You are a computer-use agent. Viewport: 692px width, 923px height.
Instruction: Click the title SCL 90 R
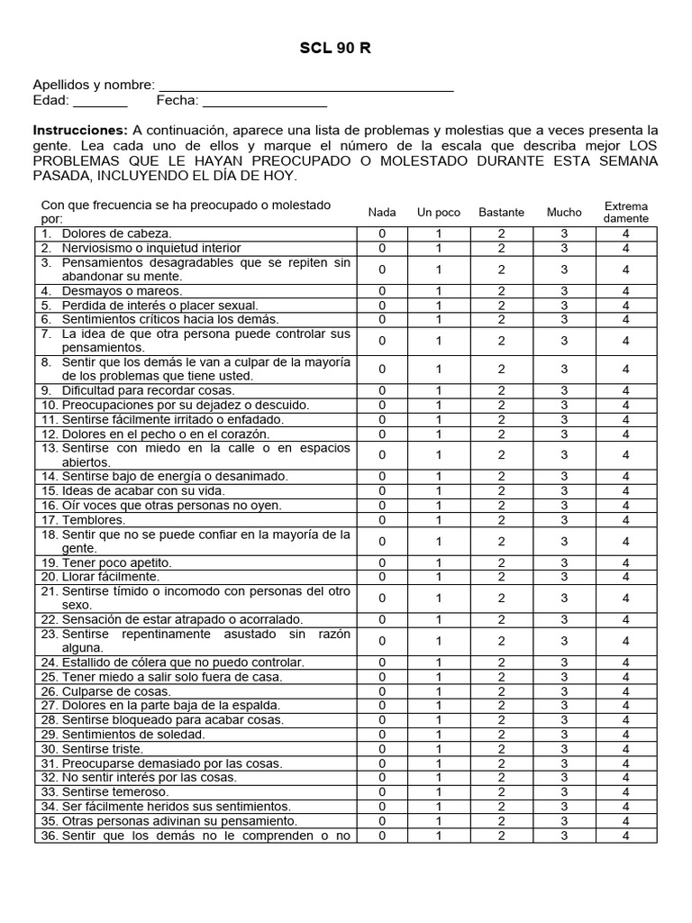click(x=335, y=49)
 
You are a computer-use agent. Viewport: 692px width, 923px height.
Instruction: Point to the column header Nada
click(x=382, y=213)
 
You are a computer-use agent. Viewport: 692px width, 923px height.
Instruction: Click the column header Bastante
click(x=502, y=213)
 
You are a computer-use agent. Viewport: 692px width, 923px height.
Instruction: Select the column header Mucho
click(x=564, y=213)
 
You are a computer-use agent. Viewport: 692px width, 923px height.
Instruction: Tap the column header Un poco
click(x=439, y=213)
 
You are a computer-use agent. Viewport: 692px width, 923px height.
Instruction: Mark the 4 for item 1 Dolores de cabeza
click(x=625, y=233)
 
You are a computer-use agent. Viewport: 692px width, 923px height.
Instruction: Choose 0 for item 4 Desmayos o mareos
click(x=382, y=291)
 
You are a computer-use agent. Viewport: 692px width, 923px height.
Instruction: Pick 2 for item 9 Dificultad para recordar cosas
click(x=502, y=391)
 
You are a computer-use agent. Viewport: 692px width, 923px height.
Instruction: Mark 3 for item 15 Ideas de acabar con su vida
click(x=564, y=491)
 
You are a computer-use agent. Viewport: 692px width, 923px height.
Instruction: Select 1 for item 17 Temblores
click(x=439, y=520)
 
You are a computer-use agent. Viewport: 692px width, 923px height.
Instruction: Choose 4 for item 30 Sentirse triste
click(x=625, y=749)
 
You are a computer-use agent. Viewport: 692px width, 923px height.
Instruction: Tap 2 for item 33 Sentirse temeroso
click(x=502, y=792)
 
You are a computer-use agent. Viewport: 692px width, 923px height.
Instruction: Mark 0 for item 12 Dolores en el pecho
click(x=382, y=434)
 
